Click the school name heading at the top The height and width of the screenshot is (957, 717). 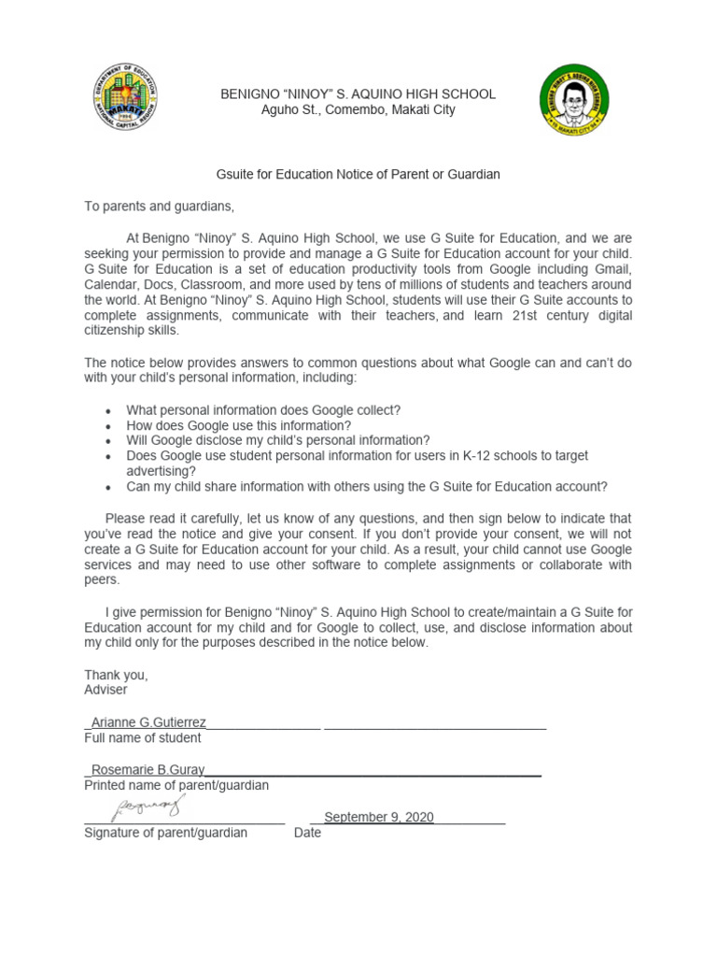coord(358,94)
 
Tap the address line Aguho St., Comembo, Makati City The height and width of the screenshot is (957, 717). coord(358,110)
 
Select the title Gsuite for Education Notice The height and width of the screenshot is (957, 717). coord(358,175)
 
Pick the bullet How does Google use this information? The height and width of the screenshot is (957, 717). coord(239,425)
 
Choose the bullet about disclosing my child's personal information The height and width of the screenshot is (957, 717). coord(278,440)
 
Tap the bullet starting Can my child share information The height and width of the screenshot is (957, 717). coord(367,486)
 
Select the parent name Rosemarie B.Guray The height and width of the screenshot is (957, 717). coord(148,770)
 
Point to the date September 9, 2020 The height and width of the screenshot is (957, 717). coord(379,817)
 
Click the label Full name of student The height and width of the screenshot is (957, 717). coord(142,737)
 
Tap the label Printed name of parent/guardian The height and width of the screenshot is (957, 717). coord(176,785)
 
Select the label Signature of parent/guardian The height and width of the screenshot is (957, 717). coord(166,833)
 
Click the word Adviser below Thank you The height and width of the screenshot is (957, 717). coord(105,690)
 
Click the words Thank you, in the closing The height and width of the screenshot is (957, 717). coord(116,675)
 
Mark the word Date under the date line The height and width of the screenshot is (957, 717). coord(307,833)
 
